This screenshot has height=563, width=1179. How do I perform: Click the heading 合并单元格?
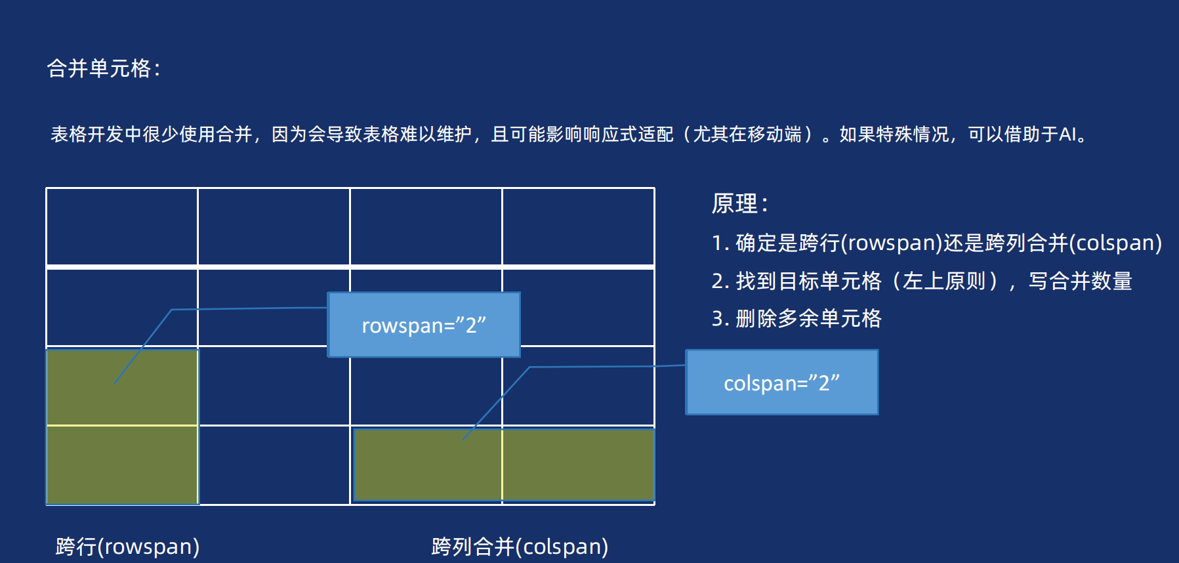coord(103,68)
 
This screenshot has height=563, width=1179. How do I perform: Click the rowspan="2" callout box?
coord(424,325)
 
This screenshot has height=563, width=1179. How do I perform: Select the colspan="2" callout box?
coord(781,383)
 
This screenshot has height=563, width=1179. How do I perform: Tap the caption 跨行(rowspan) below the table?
coord(127,546)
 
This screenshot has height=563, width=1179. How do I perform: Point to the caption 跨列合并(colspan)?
coord(520,546)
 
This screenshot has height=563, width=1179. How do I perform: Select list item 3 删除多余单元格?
coord(796,319)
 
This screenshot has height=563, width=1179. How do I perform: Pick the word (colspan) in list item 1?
coord(1116,243)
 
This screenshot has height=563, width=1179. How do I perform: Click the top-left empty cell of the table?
coord(122,226)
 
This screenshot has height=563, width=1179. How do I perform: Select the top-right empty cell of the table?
coord(578,226)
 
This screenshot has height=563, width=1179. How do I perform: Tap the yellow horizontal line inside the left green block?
coord(122,425)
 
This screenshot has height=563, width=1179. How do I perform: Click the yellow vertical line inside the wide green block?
coord(502,465)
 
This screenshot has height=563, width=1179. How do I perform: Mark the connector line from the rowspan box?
coord(249,308)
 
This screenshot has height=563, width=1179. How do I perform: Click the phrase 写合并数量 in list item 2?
coord(1080,281)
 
